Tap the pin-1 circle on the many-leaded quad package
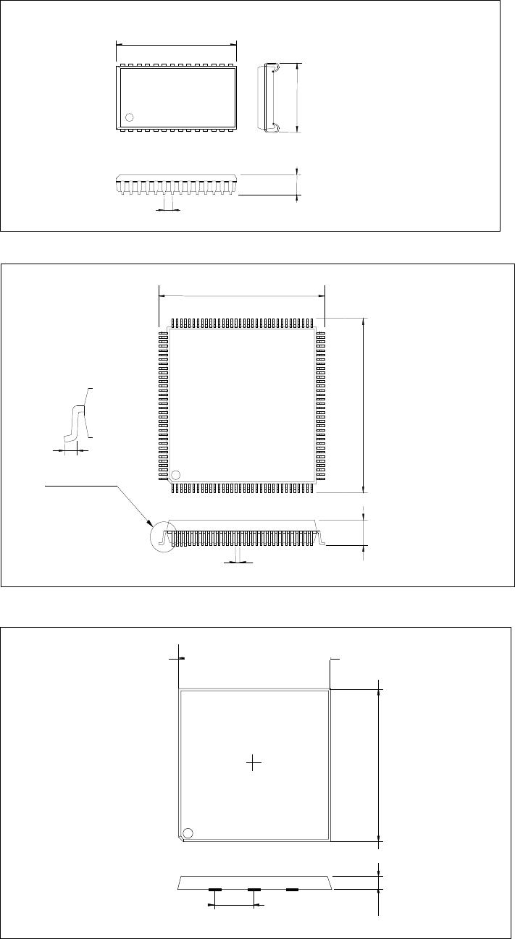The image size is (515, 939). click(x=175, y=475)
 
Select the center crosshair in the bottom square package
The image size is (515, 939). click(x=253, y=763)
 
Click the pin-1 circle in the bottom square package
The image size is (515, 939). click(x=188, y=833)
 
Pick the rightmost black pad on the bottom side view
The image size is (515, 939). click(x=292, y=889)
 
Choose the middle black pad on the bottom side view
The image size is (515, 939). click(x=254, y=889)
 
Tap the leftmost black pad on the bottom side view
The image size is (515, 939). click(x=214, y=889)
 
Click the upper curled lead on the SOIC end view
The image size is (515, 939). click(x=275, y=69)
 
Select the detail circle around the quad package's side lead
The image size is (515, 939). click(x=162, y=538)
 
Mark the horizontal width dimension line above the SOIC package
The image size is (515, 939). click(x=176, y=43)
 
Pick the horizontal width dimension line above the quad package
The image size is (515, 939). click(x=241, y=295)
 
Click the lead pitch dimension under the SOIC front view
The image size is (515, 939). click(x=168, y=210)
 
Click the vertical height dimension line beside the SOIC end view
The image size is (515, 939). click(x=298, y=97)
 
